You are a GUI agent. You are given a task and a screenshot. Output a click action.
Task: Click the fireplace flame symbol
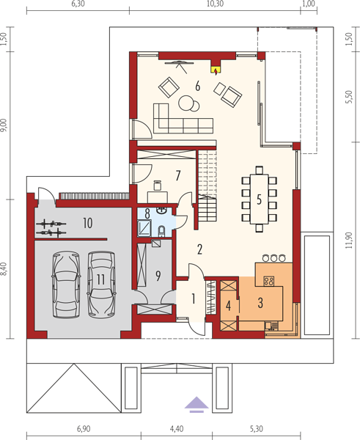click(x=216, y=72)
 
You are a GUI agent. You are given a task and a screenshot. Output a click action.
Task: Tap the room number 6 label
click(x=197, y=86)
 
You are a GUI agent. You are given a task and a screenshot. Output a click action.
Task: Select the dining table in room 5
click(x=260, y=199)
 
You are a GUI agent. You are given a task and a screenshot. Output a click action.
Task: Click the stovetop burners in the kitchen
click(x=269, y=281)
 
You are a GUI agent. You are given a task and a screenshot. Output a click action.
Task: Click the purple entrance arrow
click(x=196, y=404)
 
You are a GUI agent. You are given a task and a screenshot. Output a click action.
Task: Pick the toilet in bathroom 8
click(x=162, y=231)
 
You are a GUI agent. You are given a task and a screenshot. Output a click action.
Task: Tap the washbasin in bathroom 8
click(x=161, y=210)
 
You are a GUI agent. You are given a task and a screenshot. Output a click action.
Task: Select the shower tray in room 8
click(x=144, y=227)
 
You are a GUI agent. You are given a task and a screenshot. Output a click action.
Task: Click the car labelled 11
click(x=101, y=285)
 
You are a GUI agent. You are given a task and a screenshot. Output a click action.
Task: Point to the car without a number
click(x=66, y=285)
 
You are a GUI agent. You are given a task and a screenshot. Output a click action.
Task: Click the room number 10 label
click(x=88, y=223)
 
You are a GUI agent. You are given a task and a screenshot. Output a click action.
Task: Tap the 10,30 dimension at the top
click(x=215, y=4)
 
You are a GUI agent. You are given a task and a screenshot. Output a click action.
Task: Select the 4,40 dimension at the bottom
click(x=177, y=429)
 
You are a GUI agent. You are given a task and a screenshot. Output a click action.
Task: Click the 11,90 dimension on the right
click(x=348, y=241)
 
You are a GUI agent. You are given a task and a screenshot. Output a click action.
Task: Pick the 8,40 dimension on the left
click(x=4, y=268)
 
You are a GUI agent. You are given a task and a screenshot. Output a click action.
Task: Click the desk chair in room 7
click(x=158, y=186)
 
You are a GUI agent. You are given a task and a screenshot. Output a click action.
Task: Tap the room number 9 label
click(x=158, y=276)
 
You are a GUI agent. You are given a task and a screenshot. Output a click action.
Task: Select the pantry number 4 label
click(x=229, y=306)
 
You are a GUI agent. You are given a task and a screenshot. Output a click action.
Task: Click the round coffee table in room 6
click(x=185, y=103)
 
